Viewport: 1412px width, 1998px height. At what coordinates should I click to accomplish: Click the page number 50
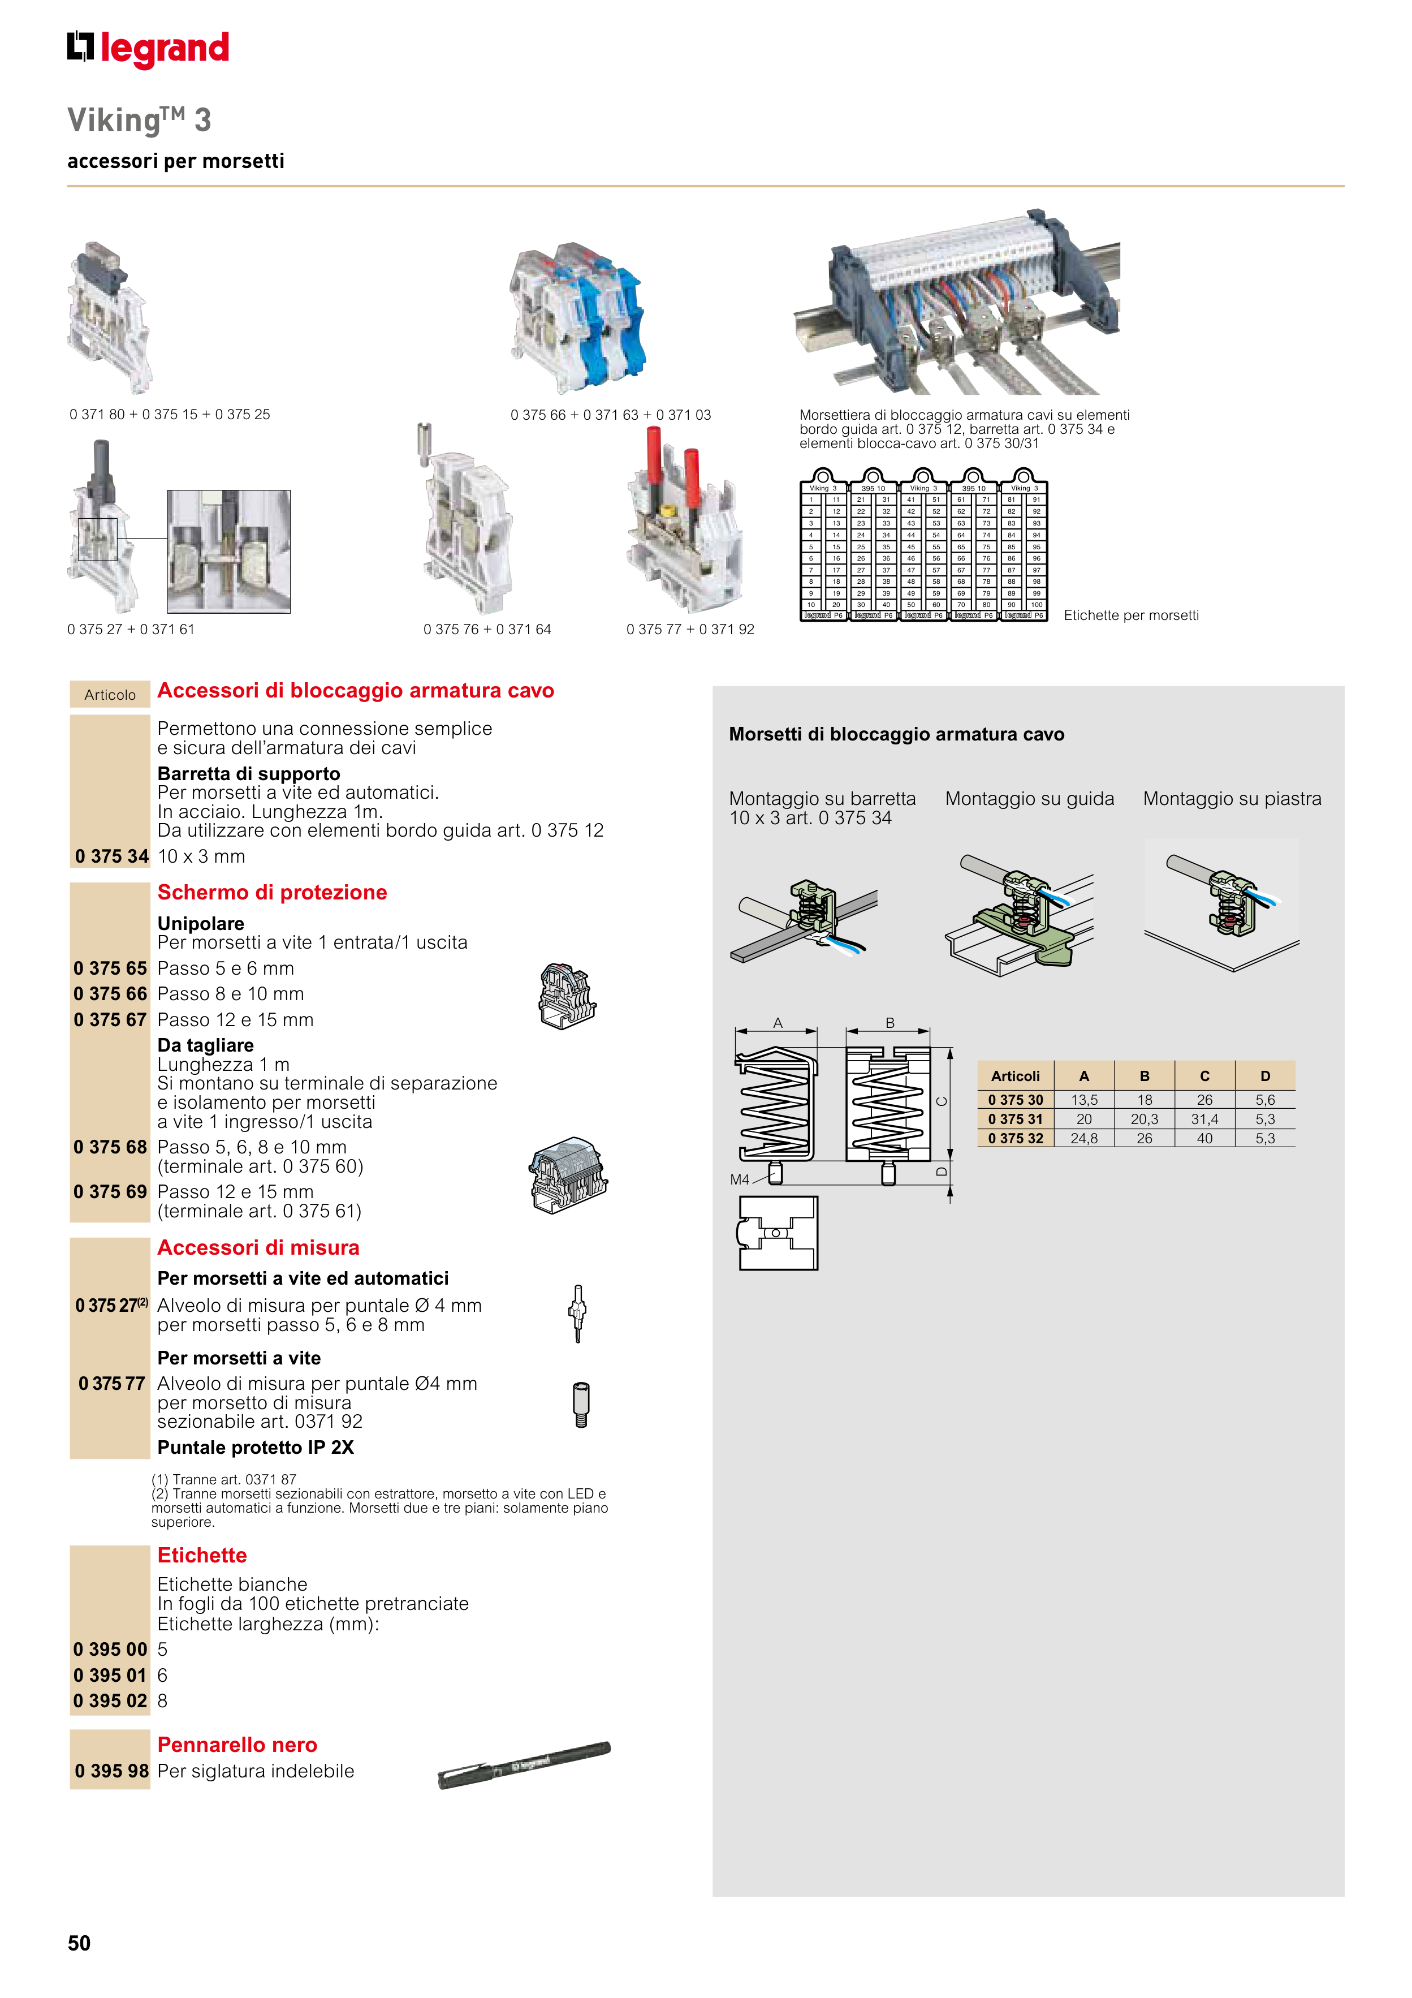point(79,1943)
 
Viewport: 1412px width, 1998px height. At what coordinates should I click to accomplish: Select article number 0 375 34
point(111,856)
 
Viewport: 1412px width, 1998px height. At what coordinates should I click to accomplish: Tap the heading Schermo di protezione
point(271,892)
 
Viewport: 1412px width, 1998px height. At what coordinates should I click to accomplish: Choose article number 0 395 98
point(111,1771)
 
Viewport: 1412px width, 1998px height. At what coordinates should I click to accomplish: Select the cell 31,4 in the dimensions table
point(1204,1119)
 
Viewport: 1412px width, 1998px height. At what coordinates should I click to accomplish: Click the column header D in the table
point(1265,1076)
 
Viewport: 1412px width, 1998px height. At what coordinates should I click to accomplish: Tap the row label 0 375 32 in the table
point(1015,1138)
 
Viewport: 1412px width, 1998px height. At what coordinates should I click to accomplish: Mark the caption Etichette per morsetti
point(1130,615)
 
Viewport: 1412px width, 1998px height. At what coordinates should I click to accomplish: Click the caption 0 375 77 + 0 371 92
point(690,629)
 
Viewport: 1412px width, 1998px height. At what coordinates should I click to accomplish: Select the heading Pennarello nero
point(236,1744)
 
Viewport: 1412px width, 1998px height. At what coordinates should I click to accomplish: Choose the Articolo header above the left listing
point(110,695)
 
